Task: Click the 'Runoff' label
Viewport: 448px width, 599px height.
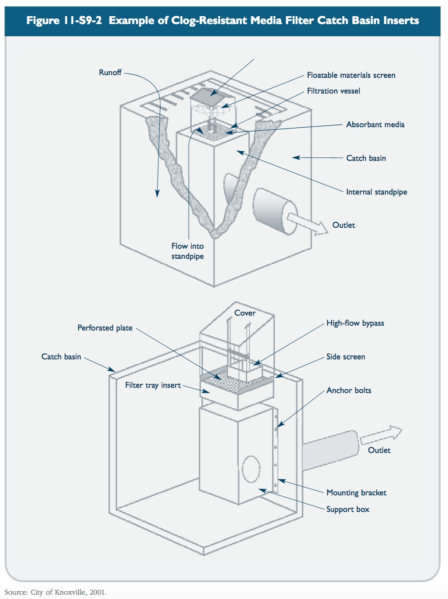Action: point(110,73)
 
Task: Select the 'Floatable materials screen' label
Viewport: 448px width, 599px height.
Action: point(351,75)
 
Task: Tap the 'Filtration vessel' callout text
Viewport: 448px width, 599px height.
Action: point(334,91)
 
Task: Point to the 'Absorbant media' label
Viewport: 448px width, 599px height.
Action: point(375,125)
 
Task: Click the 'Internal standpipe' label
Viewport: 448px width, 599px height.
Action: point(376,192)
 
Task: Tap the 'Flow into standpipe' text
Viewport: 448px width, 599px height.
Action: point(187,251)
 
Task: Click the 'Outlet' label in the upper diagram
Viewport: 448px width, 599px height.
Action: point(344,225)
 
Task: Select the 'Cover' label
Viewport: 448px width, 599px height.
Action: point(245,313)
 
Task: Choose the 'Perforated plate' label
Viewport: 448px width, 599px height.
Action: point(105,328)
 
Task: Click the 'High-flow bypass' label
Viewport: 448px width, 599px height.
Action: point(355,323)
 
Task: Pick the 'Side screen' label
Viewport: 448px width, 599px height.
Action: point(345,357)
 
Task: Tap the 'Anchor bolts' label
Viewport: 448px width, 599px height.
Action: point(348,390)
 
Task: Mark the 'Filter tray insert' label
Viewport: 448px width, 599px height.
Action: point(153,385)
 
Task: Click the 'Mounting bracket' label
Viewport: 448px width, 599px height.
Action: point(356,493)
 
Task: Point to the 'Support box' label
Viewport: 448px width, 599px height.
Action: point(348,509)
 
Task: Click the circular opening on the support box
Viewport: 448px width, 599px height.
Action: point(251,469)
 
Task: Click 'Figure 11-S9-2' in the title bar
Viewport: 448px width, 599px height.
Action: point(64,21)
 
